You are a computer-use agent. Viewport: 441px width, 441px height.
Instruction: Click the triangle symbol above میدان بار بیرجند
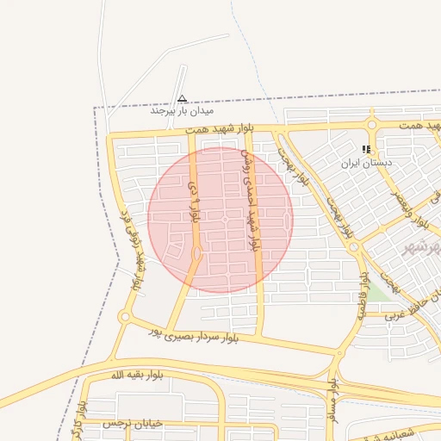tap(182, 98)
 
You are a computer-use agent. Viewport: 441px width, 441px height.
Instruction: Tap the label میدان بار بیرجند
tap(182, 111)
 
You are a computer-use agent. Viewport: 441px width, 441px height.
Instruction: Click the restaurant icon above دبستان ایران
tap(366, 149)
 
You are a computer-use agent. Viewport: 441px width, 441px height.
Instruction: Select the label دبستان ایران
tap(366, 161)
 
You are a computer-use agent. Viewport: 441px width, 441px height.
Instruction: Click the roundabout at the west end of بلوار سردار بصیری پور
tap(125, 318)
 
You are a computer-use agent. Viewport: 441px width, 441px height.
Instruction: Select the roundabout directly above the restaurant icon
tap(373, 127)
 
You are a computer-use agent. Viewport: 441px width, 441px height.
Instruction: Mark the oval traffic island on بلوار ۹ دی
tap(198, 253)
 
